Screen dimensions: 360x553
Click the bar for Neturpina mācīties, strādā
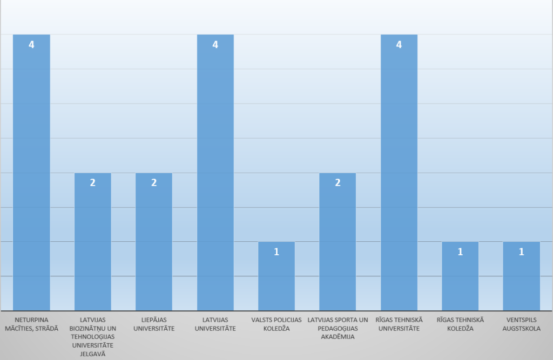coord(31,172)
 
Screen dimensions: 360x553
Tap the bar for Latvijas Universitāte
coord(215,172)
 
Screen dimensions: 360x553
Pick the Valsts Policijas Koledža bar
coord(276,276)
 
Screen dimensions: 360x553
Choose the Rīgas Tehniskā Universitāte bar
coord(399,172)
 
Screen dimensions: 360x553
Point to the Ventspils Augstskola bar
coord(521,276)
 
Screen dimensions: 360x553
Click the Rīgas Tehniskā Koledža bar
coord(460,276)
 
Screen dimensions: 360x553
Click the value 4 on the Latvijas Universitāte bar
coord(215,45)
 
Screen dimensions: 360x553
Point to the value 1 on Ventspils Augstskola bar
coord(521,252)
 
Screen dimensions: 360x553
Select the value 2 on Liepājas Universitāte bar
coord(154,182)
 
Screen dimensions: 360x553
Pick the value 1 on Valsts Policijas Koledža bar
coord(276,252)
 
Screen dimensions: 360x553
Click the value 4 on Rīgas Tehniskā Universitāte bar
coord(399,45)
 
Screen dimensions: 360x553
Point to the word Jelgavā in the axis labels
coord(93,354)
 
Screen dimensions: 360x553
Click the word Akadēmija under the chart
coord(338,337)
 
